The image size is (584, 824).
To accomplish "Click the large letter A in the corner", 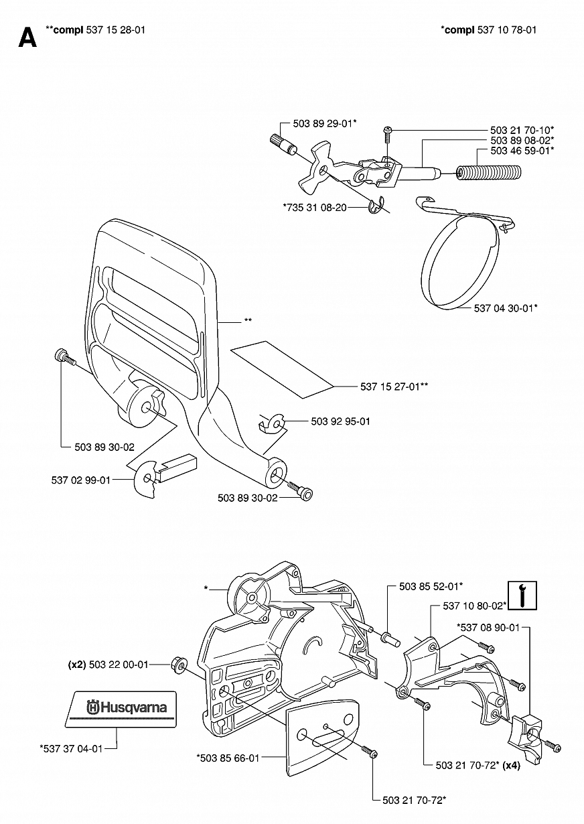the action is pos(27,38).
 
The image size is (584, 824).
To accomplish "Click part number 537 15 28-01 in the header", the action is pos(115,29).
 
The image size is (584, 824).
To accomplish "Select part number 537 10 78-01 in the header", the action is pos(507,29).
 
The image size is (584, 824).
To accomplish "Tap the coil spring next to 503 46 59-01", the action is pos(489,173).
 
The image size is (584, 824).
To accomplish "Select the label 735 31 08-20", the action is pos(315,208).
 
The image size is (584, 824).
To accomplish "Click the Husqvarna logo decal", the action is pos(121,707).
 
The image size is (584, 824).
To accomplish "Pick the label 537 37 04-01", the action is pos(71,748).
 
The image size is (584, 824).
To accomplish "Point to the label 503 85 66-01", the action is pos(228,758).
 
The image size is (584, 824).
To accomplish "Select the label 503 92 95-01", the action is pos(340,421).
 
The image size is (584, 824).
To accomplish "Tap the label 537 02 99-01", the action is pos(81,480).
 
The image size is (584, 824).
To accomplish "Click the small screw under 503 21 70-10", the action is pos(387,135).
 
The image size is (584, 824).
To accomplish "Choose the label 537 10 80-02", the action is pos(475,606).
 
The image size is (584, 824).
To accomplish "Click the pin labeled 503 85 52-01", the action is pos(391,639).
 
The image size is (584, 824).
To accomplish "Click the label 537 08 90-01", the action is pos(488,627).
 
